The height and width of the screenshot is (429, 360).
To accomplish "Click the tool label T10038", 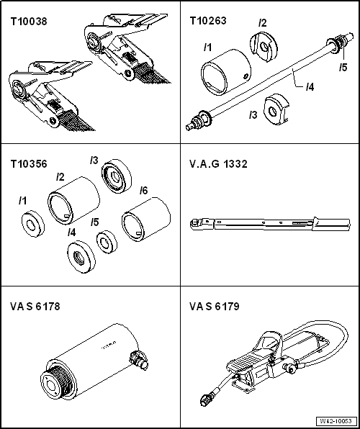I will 27,22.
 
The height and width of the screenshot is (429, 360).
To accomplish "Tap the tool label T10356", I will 27,163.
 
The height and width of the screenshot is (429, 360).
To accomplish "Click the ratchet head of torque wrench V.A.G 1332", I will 196,223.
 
